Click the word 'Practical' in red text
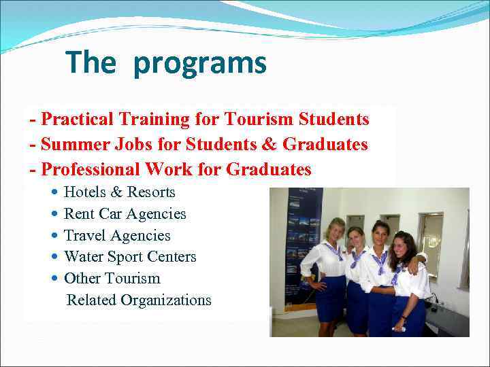pyautogui.click(x=77, y=120)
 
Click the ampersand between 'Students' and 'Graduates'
pyautogui.click(x=270, y=145)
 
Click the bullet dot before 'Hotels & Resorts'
pyautogui.click(x=54, y=192)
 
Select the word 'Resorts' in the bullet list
pyautogui.click(x=151, y=192)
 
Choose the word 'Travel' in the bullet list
pyautogui.click(x=85, y=236)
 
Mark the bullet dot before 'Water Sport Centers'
pyautogui.click(x=54, y=257)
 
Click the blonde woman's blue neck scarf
pyautogui.click(x=334, y=251)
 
